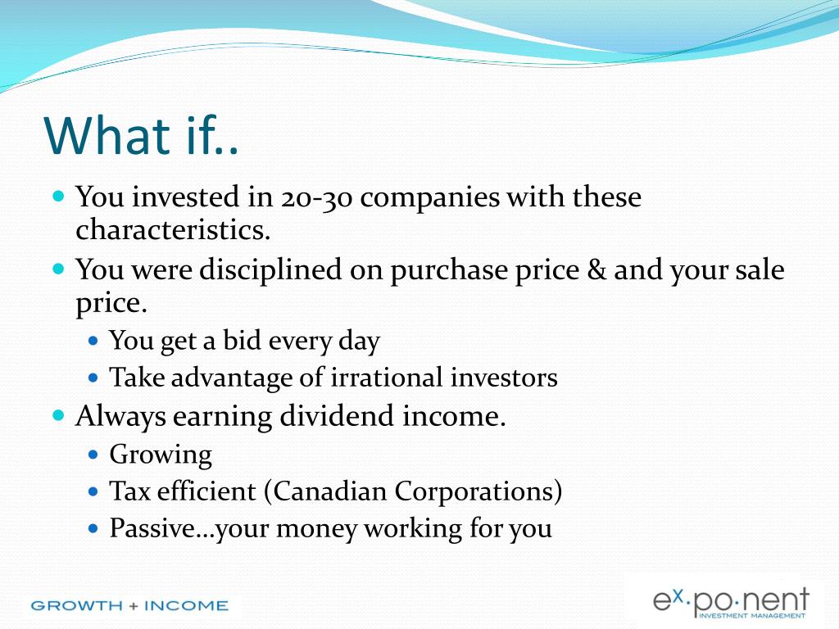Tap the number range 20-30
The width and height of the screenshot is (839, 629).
click(316, 197)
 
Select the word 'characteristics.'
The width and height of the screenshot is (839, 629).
click(173, 230)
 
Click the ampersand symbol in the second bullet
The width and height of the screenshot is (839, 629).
click(596, 269)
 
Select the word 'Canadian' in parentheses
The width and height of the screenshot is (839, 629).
click(330, 491)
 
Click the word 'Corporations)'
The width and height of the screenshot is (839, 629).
click(478, 491)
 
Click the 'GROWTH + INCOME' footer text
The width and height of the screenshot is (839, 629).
click(129, 605)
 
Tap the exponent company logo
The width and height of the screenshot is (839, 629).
click(730, 602)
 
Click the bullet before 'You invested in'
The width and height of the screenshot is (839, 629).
click(59, 195)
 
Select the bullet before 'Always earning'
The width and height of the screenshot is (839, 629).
click(59, 415)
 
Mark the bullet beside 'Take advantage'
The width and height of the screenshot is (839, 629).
click(93, 378)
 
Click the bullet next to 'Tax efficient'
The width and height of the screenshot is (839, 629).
click(93, 491)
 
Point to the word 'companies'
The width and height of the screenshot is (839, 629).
click(429, 198)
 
